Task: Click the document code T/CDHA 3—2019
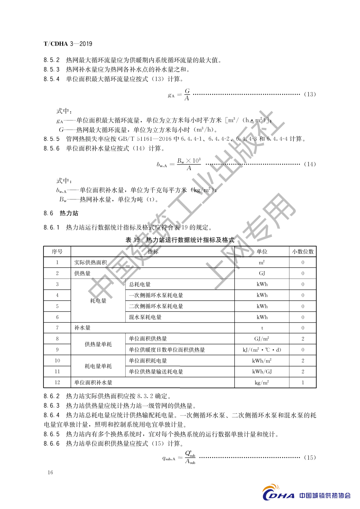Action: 68,44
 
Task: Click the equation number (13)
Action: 310,94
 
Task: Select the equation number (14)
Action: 310,164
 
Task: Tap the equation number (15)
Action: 310,458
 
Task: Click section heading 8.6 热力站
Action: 61,213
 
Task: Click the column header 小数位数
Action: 303,252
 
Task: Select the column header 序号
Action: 57,252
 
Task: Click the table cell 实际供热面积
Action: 90,263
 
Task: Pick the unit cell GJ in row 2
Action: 262,273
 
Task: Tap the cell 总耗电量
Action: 140,284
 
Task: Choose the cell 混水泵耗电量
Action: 145,317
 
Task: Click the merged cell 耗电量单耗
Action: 98,366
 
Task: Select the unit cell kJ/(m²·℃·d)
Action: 262,350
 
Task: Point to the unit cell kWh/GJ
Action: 262,372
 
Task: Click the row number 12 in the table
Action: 57,382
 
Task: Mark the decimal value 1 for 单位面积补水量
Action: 303,382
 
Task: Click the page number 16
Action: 50,472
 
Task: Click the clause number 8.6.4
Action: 52,416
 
